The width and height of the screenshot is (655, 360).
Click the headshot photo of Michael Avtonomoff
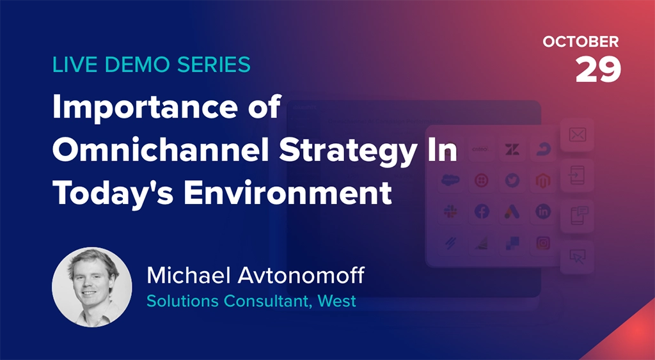pyautogui.click(x=91, y=288)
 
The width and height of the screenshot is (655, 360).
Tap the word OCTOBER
pyautogui.click(x=581, y=42)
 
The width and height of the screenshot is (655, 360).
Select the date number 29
pyautogui.click(x=598, y=68)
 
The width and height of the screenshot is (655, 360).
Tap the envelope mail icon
pyautogui.click(x=577, y=135)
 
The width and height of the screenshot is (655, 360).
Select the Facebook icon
pyautogui.click(x=481, y=212)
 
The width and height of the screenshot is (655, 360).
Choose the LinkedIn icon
pyautogui.click(x=543, y=212)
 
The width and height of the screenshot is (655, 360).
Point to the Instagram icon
pyautogui.click(x=543, y=243)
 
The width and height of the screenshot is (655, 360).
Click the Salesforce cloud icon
pyautogui.click(x=450, y=180)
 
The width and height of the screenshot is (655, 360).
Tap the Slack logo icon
pyautogui.click(x=450, y=212)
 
